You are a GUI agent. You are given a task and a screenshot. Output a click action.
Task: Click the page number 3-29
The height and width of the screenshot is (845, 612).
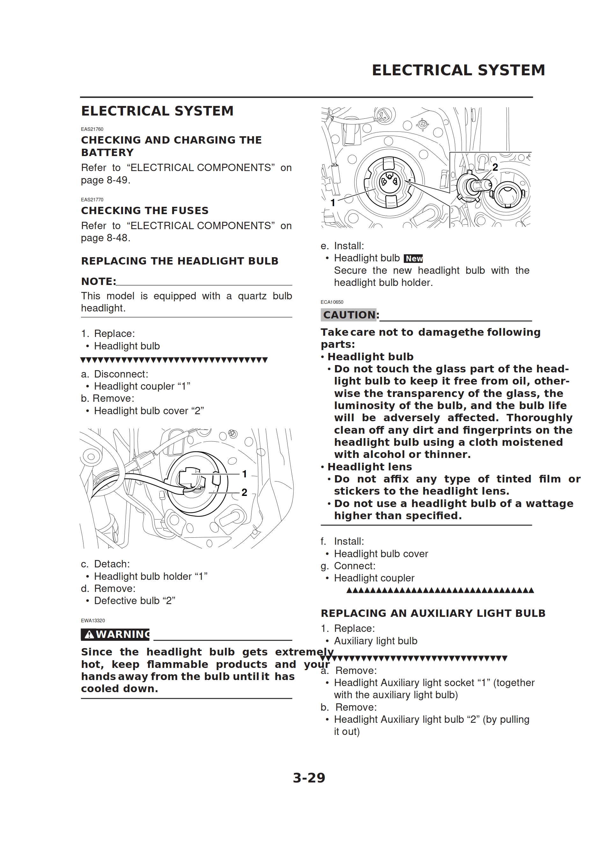[309, 778]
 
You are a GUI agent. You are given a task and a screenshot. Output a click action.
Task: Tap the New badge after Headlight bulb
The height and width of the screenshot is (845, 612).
[414, 258]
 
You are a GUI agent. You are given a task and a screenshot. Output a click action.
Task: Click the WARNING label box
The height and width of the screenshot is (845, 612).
[115, 634]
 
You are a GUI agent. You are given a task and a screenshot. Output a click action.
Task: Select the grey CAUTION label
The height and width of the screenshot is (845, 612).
[348, 315]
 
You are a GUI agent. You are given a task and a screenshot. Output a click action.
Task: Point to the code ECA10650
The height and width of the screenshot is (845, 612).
[332, 302]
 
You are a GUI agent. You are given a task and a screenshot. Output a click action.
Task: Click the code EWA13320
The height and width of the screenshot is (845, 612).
[93, 621]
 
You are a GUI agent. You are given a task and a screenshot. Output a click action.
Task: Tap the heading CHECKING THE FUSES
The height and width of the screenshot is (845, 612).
[144, 211]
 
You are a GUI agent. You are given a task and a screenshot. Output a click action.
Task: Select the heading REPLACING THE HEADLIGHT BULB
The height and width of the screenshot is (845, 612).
[179, 261]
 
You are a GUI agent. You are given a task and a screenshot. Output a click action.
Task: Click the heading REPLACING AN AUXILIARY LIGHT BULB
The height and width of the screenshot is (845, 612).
[433, 613]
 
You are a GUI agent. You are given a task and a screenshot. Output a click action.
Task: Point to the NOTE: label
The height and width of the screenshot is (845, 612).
[98, 281]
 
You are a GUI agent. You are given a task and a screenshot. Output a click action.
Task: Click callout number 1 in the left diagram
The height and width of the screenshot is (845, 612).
[244, 474]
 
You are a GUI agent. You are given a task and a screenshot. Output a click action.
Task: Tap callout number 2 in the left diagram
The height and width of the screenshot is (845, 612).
[244, 492]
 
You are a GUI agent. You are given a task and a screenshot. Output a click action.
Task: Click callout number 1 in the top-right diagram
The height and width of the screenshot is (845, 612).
[333, 203]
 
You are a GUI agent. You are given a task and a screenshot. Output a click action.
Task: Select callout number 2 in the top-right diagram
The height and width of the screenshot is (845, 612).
[495, 167]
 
